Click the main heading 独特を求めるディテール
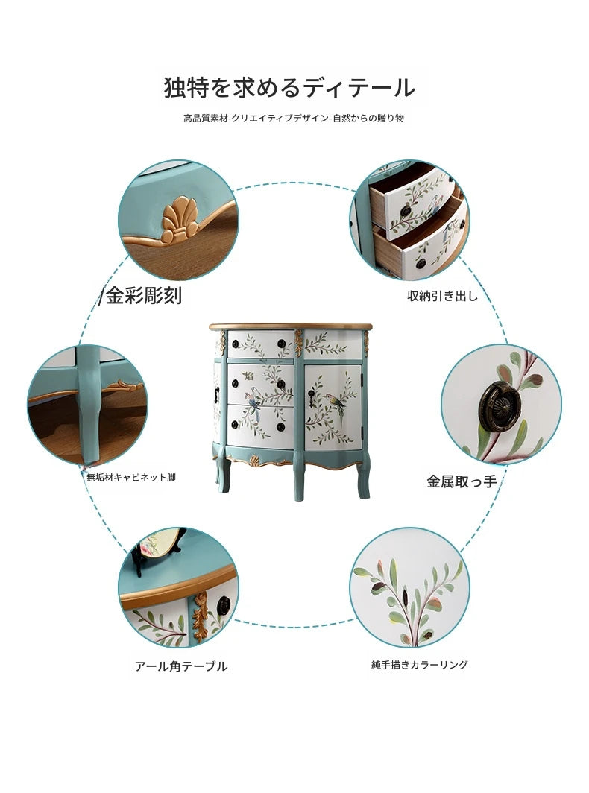click(290, 87)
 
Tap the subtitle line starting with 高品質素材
click(294, 119)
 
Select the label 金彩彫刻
click(144, 295)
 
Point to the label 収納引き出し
click(443, 296)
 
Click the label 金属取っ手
click(462, 481)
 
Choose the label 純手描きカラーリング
click(420, 665)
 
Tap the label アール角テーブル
click(181, 666)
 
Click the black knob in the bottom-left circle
click(223, 605)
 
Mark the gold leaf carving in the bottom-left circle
click(201, 615)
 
